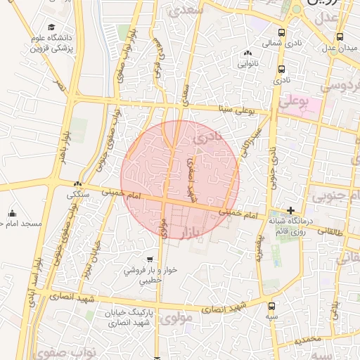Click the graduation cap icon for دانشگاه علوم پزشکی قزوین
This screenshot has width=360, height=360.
pyautogui.click(x=52, y=27)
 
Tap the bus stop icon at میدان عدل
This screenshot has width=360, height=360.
pyautogui.click(x=340, y=37)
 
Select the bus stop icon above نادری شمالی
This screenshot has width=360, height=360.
pyautogui.click(x=282, y=32)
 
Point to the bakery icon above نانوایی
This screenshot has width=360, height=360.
pyautogui.click(x=247, y=54)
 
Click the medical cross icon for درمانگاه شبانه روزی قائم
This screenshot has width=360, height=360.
pyautogui.click(x=290, y=210)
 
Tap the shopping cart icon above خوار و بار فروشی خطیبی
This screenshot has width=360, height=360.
pyautogui.click(x=148, y=259)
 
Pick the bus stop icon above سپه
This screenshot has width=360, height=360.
pyautogui.click(x=271, y=306)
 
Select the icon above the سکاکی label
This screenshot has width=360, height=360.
pyautogui.click(x=77, y=184)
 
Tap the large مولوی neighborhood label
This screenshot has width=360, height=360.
pyautogui.click(x=176, y=319)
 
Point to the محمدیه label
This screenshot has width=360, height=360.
pyautogui.click(x=308, y=340)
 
